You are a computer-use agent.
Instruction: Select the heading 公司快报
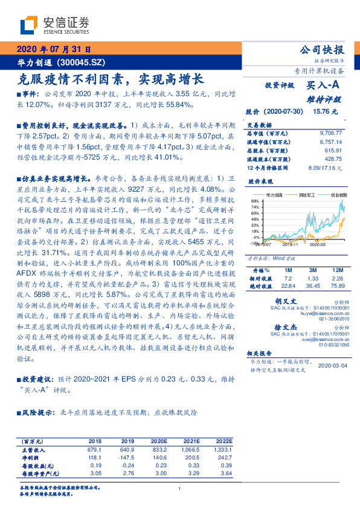pyautogui.click(x=323, y=50)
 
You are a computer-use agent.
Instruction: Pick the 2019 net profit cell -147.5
pyautogui.click(x=126, y=458)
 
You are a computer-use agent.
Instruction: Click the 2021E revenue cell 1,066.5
pyautogui.click(x=190, y=450)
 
